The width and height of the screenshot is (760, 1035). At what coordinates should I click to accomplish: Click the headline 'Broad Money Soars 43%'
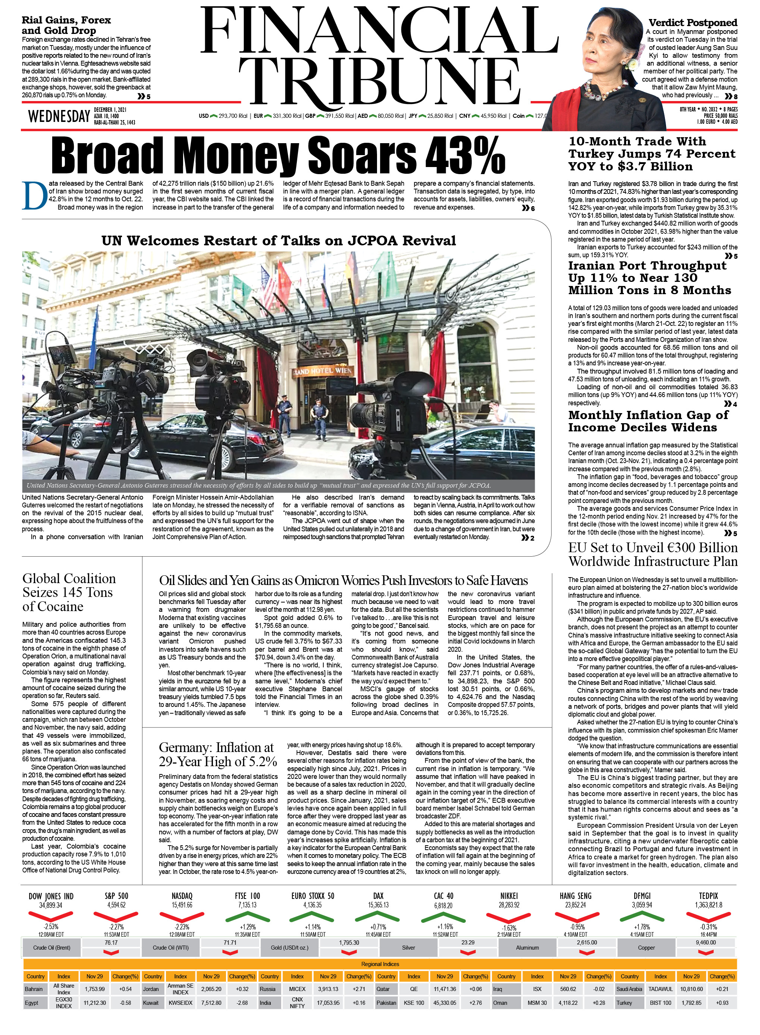(x=278, y=155)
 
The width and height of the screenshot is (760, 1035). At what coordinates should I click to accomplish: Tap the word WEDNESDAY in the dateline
(x=59, y=117)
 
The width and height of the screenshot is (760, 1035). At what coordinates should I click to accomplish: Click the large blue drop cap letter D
(x=35, y=196)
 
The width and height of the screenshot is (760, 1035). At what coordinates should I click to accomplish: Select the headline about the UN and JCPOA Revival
(x=278, y=240)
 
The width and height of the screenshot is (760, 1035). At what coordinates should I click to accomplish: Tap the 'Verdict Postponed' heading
(x=693, y=22)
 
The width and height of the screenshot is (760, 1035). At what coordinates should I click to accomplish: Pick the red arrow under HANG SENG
(x=575, y=917)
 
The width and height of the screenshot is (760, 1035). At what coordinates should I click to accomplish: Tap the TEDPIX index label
(x=708, y=896)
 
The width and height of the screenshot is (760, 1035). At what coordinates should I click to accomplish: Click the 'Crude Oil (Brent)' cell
(x=51, y=948)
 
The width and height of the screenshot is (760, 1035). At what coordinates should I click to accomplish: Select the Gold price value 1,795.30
(x=349, y=943)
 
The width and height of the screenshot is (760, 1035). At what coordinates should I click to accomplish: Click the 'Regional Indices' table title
(x=380, y=964)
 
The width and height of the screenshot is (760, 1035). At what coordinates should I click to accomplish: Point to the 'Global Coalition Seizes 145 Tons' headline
(x=69, y=592)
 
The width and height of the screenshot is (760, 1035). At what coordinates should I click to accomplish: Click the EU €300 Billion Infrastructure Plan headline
(x=652, y=554)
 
